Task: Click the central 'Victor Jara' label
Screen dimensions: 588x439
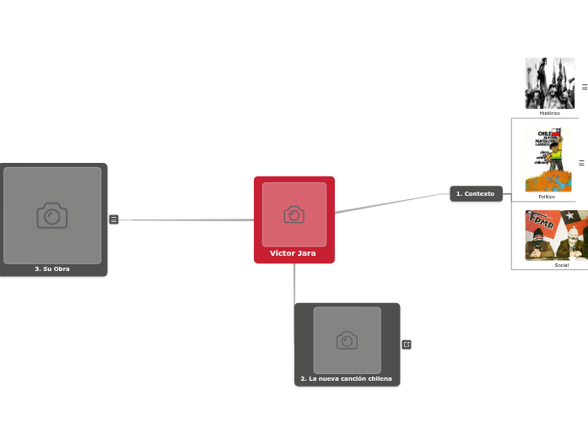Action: click(293, 253)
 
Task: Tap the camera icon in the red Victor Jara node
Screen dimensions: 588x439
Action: click(294, 214)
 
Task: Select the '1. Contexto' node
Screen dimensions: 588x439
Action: click(476, 194)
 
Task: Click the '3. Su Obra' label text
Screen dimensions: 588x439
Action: click(52, 268)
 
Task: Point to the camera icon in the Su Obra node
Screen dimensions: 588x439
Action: click(52, 216)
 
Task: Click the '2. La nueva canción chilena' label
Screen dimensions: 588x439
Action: click(347, 378)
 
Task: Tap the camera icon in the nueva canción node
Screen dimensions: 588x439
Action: click(347, 340)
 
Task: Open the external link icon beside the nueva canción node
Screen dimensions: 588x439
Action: click(407, 344)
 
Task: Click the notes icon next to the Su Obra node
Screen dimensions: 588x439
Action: click(114, 219)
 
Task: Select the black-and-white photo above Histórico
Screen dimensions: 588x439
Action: click(549, 83)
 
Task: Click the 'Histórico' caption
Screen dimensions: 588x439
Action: click(549, 113)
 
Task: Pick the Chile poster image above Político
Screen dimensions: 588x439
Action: click(548, 160)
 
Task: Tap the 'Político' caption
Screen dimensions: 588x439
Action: click(548, 197)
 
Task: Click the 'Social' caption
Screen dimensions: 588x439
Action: click(561, 265)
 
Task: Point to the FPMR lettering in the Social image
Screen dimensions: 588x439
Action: click(540, 224)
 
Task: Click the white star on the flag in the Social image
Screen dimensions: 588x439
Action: click(569, 216)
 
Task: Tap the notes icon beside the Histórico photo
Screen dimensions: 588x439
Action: click(584, 87)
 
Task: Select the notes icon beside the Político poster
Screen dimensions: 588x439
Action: click(581, 163)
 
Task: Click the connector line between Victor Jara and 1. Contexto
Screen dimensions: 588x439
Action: click(392, 203)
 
